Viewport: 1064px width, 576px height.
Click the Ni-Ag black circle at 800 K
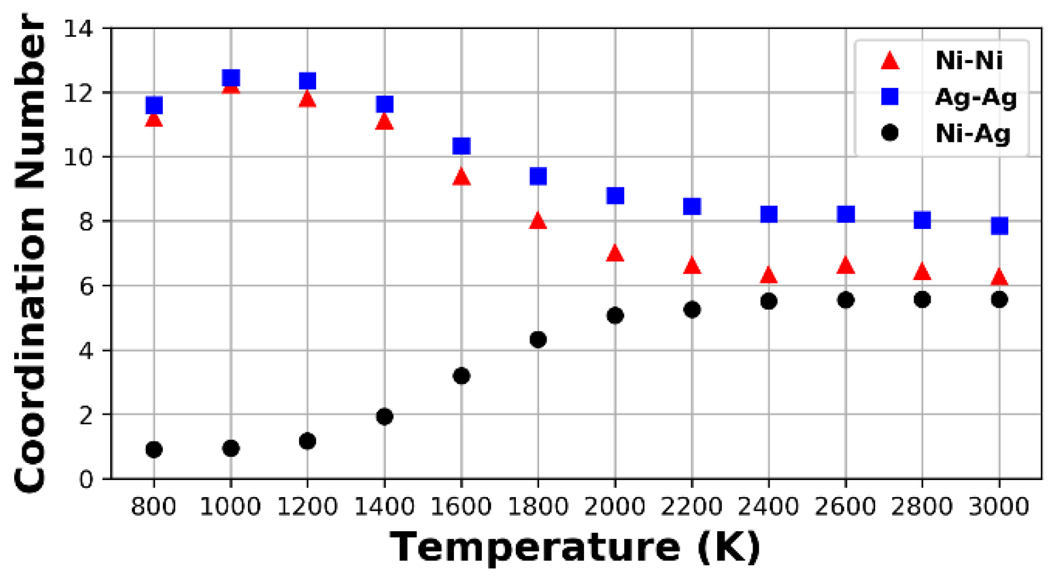[x=154, y=449]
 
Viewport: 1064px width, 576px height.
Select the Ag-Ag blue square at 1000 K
[x=230, y=78]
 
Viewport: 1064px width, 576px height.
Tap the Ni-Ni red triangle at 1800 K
[x=538, y=222]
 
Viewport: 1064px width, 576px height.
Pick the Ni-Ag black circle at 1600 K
[x=461, y=375]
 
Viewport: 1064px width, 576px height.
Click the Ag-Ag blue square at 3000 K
[x=999, y=226]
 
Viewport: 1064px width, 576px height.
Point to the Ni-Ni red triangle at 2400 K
[x=768, y=276]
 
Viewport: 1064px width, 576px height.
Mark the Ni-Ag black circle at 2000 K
[x=615, y=315]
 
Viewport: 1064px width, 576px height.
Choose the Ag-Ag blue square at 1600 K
[x=461, y=146]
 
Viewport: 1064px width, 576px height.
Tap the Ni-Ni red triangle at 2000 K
[x=615, y=253]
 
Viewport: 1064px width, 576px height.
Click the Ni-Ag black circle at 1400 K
[x=384, y=416]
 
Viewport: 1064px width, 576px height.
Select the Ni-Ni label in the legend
[x=969, y=61]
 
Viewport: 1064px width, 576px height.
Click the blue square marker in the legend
[x=890, y=97]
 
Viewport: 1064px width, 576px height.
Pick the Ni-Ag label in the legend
[x=973, y=133]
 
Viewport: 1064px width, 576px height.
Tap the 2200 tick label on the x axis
[x=692, y=506]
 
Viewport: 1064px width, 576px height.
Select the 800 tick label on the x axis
[x=154, y=506]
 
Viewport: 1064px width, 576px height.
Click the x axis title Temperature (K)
[x=575, y=547]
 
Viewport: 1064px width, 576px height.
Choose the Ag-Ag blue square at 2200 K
[x=692, y=206]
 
